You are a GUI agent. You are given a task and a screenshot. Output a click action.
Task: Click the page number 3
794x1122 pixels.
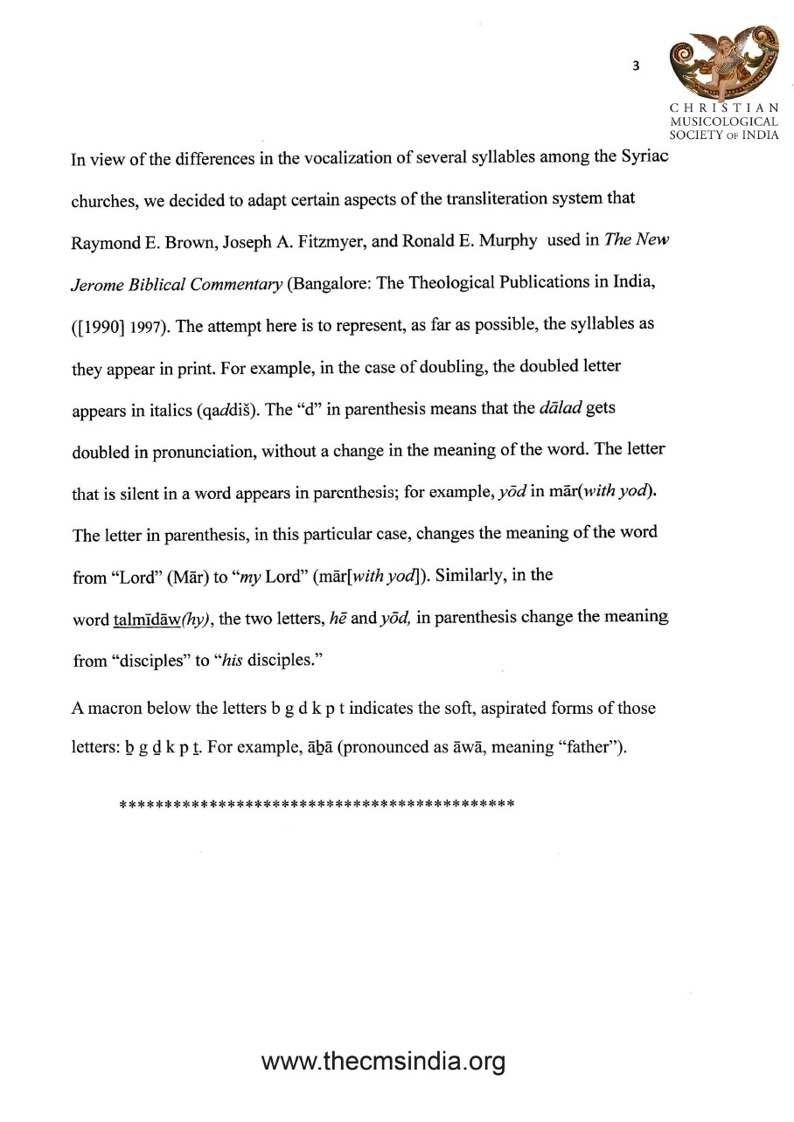pos(636,66)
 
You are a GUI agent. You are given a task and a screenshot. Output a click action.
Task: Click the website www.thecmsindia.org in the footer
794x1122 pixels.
pos(384,1063)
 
